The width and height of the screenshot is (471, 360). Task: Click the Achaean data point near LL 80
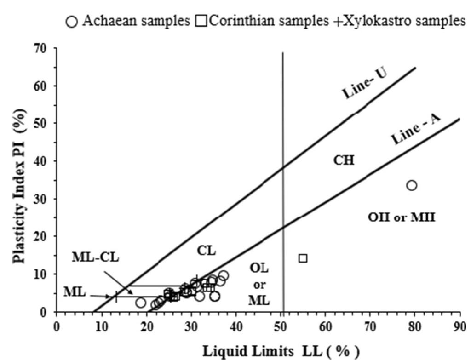point(411,185)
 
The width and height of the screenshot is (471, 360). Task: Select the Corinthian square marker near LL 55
point(303,258)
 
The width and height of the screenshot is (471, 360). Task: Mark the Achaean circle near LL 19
point(141,303)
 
